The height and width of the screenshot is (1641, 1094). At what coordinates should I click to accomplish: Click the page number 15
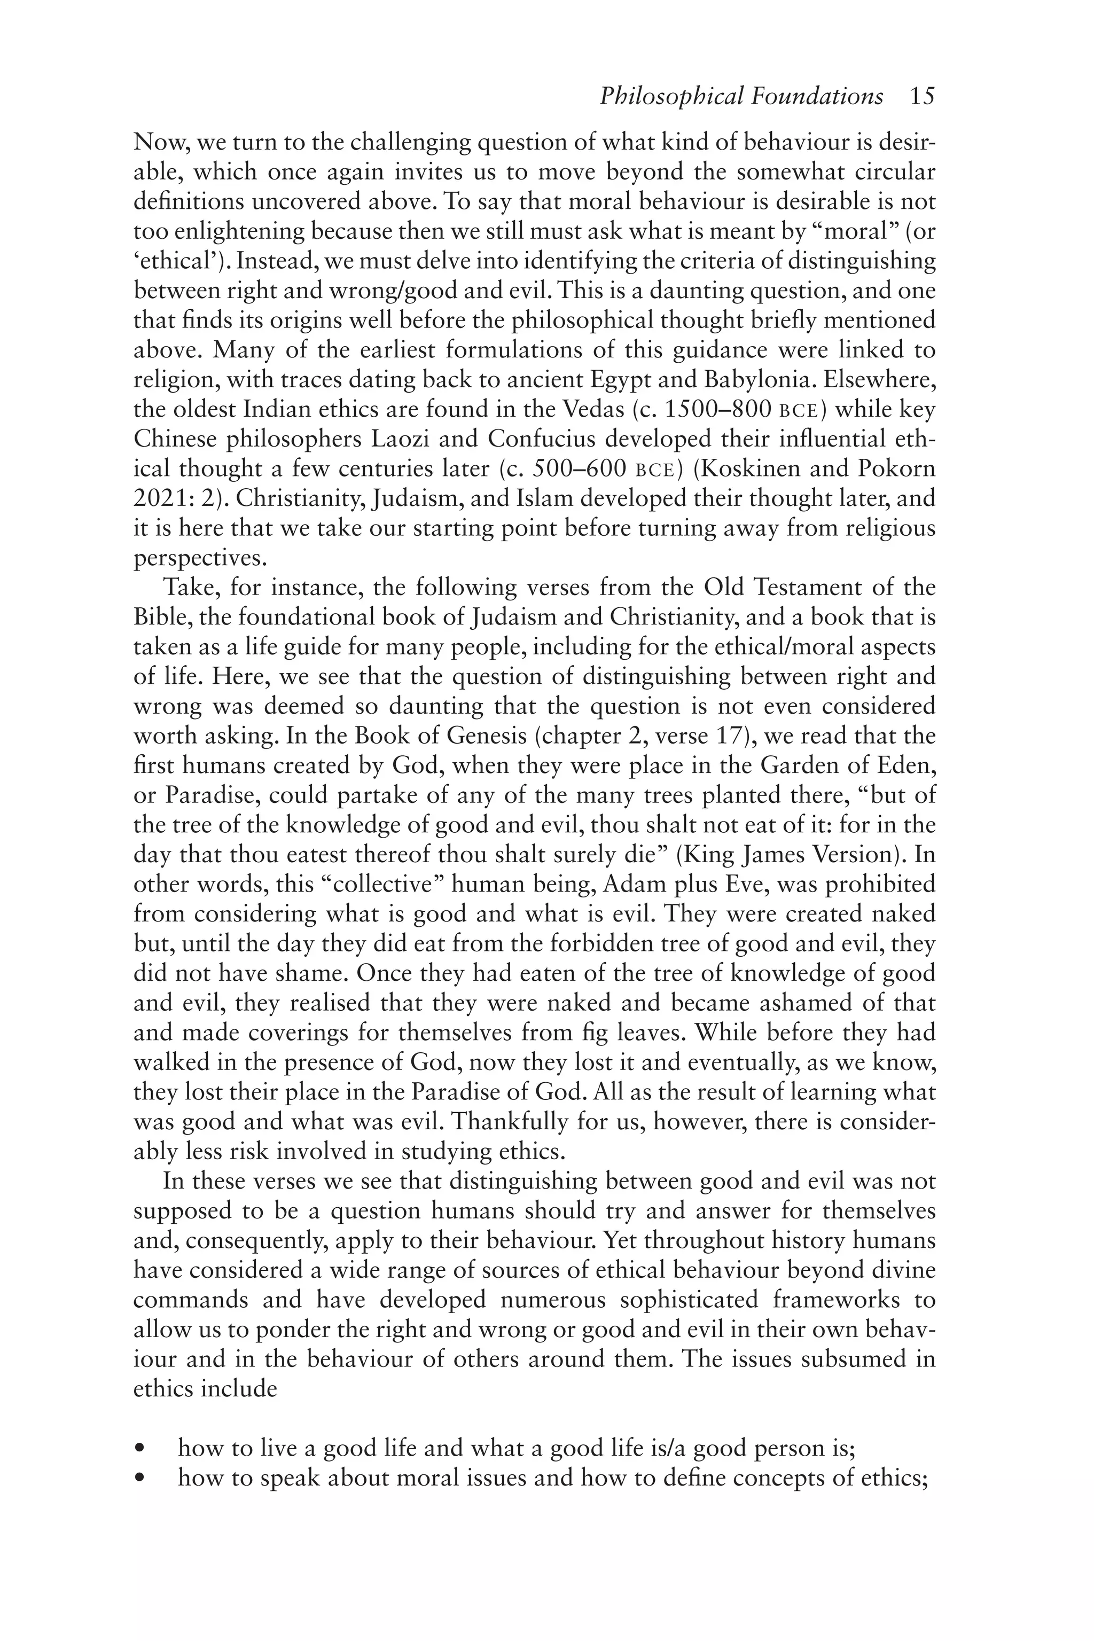(921, 96)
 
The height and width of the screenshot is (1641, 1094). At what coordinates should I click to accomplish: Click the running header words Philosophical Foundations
(741, 96)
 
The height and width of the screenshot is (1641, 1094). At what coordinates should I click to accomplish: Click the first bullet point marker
(142, 1449)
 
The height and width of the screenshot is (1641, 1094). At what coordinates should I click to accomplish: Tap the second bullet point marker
(142, 1479)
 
